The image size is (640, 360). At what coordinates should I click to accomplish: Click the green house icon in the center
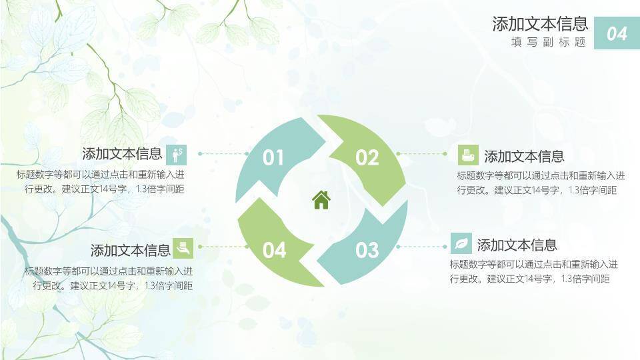[x=321, y=200]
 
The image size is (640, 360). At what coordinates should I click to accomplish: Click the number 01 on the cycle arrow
[x=273, y=158]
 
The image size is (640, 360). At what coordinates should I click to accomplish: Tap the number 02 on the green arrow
[x=367, y=158]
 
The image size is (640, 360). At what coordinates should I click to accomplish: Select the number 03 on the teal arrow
[x=367, y=251]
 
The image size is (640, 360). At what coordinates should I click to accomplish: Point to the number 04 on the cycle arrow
[x=274, y=251]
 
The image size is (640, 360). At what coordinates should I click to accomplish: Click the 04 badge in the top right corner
[x=617, y=33]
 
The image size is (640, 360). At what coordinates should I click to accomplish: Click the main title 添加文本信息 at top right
[x=540, y=25]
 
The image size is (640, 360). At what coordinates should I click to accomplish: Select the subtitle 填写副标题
[x=548, y=42]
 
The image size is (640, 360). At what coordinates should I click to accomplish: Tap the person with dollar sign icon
[x=177, y=154]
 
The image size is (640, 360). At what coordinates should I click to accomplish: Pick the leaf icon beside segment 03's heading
[x=461, y=243]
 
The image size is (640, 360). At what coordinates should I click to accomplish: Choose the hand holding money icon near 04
[x=183, y=248]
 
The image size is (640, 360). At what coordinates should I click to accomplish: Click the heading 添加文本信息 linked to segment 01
[x=122, y=154]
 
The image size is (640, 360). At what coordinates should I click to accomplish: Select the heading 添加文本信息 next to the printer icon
[x=524, y=157]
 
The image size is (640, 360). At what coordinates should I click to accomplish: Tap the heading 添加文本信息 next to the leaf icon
[x=517, y=245]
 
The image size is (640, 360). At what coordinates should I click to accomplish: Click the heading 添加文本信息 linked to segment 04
[x=131, y=251]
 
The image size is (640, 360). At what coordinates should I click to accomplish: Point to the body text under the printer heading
[x=541, y=183]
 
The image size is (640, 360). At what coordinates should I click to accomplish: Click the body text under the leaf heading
[x=533, y=271]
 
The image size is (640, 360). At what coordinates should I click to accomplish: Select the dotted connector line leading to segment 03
[x=421, y=246]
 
